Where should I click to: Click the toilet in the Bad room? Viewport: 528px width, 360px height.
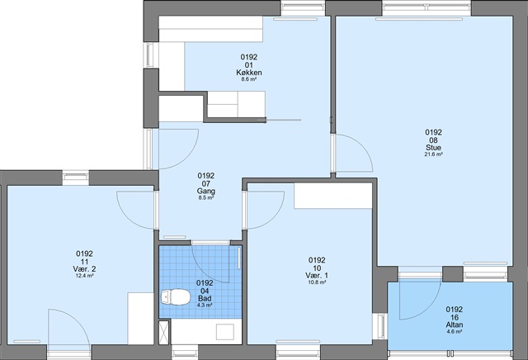pos(176,297)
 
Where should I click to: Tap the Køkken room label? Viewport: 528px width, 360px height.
pos(249,73)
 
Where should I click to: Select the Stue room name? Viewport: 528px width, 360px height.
pos(433,148)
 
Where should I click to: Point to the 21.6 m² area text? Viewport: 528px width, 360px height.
pos(433,154)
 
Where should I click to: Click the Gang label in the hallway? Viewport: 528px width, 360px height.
pos(206,191)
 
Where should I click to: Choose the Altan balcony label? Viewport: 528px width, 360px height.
pos(455,324)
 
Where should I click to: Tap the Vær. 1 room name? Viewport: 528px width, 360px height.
pos(317,276)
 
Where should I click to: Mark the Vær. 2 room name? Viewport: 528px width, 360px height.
pos(84,269)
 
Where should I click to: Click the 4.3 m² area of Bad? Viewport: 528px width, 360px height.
pos(205,306)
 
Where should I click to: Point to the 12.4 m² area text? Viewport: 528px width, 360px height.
pos(84,276)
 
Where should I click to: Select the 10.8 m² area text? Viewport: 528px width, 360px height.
pos(317,282)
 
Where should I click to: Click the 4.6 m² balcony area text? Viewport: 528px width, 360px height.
pos(455,332)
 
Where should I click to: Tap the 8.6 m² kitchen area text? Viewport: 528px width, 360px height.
pos(249,79)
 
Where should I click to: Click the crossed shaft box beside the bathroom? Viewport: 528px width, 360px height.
pos(164,333)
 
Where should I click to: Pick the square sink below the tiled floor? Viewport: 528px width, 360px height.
pos(225,332)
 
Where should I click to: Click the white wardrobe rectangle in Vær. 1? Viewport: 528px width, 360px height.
pos(333,196)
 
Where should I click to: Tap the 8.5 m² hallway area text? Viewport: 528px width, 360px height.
pos(206,198)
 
